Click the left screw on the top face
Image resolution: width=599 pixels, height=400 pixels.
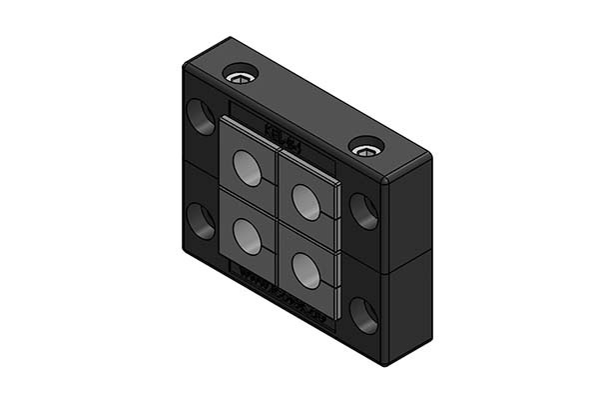(x=240, y=76)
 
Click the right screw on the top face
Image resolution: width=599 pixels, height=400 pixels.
(x=366, y=149)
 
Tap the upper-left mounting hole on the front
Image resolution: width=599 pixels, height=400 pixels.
(x=201, y=117)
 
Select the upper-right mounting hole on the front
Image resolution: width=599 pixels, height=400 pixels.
(x=362, y=212)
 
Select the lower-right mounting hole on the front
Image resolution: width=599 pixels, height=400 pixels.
(x=363, y=315)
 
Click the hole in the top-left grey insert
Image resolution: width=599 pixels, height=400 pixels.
(x=247, y=169)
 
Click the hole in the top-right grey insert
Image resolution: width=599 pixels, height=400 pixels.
(x=305, y=201)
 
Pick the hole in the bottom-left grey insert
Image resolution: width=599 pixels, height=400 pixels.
(x=246, y=236)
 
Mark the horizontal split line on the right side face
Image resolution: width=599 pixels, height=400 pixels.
(x=409, y=262)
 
